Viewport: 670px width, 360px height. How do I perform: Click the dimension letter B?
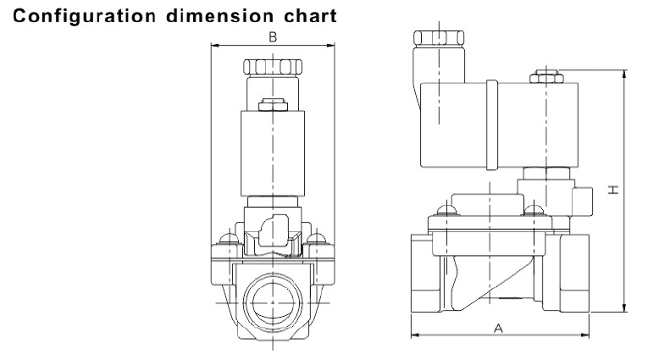273,37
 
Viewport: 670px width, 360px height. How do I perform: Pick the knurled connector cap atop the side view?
437,37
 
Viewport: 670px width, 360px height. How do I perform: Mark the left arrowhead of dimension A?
415,335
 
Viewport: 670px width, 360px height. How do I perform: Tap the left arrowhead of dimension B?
213,46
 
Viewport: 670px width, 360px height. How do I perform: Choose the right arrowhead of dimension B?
332,46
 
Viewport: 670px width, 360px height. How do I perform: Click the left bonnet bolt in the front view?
226,237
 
